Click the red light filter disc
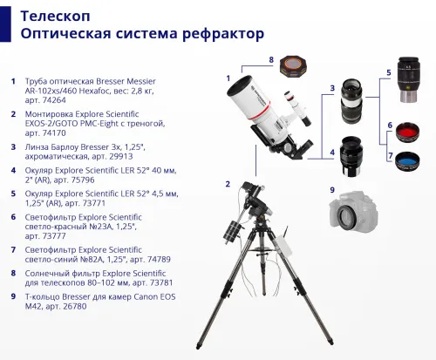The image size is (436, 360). (407, 133)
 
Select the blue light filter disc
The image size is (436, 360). (408, 161)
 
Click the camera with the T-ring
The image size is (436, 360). (358, 214)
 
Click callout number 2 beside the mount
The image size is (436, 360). (227, 184)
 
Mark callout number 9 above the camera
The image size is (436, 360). (331, 189)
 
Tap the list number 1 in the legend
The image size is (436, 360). (13, 81)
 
